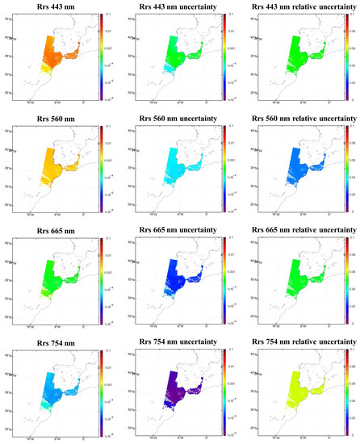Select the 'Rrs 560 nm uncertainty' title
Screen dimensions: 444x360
[180, 118]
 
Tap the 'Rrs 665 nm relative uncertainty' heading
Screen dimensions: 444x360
[301, 229]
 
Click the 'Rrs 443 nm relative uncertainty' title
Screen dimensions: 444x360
[301, 7]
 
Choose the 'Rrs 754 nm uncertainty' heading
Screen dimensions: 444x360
[180, 341]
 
